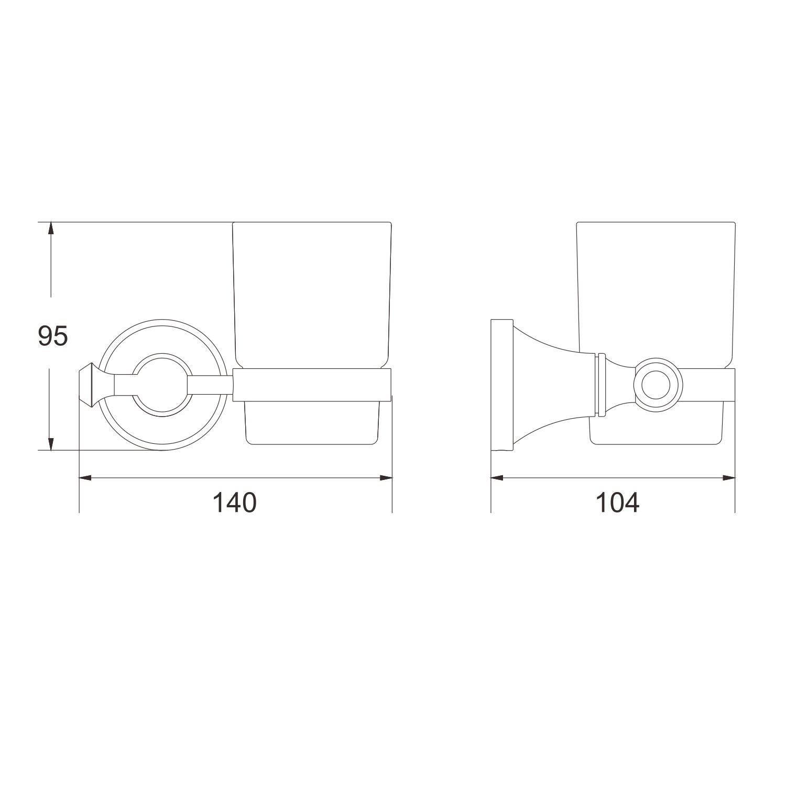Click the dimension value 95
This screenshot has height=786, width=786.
pos(53,336)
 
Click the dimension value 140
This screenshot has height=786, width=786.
pos(234,503)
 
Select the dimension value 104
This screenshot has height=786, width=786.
pos(618,503)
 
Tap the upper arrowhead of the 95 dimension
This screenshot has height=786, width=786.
pos(50,229)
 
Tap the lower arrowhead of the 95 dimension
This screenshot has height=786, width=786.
pos(50,443)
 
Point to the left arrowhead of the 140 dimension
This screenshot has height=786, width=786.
pos(85,477)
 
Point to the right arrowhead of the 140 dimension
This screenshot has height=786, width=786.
pos(386,477)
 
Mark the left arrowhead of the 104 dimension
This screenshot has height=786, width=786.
pos(497,477)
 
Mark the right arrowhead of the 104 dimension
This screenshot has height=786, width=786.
pos(728,477)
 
